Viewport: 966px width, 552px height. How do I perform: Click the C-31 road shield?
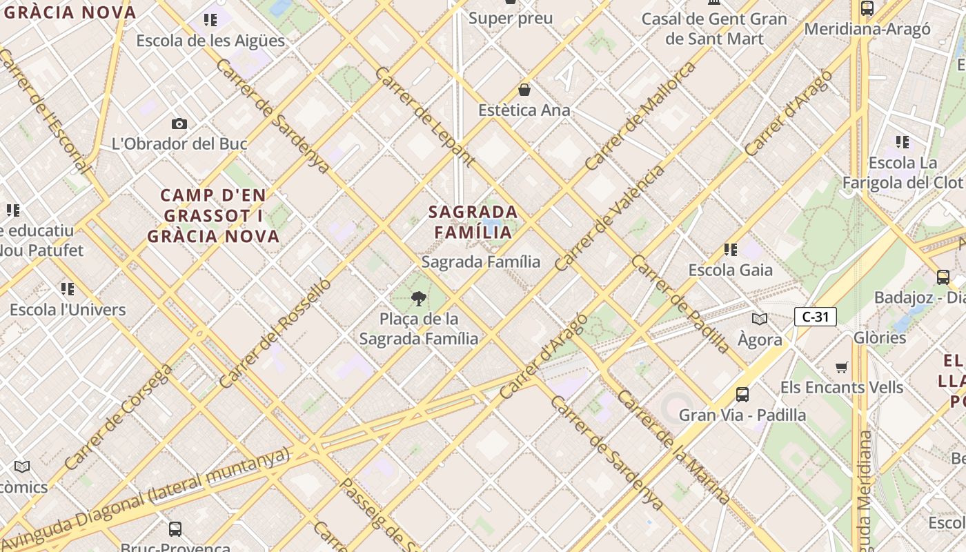[x=815, y=317]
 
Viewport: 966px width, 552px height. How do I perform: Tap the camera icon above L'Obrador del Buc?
[x=179, y=124]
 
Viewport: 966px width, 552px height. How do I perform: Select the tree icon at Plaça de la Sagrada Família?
[x=418, y=299]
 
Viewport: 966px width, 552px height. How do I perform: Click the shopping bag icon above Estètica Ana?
[x=524, y=90]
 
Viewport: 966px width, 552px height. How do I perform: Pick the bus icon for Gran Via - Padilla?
[x=742, y=394]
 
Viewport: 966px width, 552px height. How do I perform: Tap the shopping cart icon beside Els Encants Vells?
[x=841, y=367]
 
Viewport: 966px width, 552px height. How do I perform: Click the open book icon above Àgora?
[x=760, y=319]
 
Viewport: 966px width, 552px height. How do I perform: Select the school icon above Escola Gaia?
[x=731, y=249]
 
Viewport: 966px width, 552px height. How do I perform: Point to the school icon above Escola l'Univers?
[x=68, y=288]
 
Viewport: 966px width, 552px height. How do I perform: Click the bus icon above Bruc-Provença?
[x=175, y=529]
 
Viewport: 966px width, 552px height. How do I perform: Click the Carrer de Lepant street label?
[x=424, y=117]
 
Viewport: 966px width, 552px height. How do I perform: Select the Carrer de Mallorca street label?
[x=640, y=116]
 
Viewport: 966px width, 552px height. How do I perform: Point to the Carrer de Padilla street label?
[x=679, y=304]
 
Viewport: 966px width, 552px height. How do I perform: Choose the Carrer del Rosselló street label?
[x=275, y=333]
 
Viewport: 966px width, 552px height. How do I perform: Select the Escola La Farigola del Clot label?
[x=903, y=172]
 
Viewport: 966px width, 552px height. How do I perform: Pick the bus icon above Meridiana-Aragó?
[x=867, y=8]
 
